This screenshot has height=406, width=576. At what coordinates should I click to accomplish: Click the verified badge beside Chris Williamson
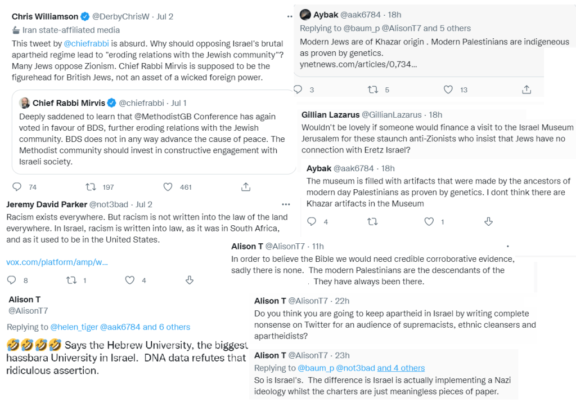[85, 17]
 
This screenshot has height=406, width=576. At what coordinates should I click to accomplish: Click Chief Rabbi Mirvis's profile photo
[25, 102]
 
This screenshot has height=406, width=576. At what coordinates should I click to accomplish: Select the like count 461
[185, 187]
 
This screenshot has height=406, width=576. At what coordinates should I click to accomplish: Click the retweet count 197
[107, 187]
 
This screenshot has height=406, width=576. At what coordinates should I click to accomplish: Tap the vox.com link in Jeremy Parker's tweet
[57, 262]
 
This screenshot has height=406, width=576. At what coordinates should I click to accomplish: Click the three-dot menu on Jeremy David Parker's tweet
[286, 204]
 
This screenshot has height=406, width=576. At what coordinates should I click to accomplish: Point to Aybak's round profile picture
[305, 15]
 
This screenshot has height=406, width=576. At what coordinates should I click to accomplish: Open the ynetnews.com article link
[358, 64]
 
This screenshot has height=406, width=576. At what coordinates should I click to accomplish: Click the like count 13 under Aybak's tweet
[463, 90]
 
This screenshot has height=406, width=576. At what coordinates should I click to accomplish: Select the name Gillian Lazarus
[330, 115]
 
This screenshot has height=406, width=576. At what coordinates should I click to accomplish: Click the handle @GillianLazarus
[393, 115]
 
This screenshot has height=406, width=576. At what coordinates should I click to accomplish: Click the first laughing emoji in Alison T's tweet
[13, 345]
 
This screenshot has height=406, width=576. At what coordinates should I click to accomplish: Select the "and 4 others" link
[400, 368]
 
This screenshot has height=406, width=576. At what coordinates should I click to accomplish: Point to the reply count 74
[32, 187]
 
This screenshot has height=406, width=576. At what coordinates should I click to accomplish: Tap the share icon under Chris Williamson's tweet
[246, 186]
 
